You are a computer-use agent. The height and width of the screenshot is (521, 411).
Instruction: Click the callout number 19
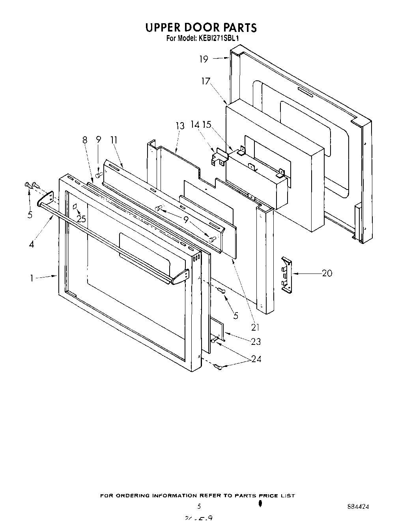point(204,59)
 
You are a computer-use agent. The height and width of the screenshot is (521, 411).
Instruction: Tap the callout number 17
point(205,82)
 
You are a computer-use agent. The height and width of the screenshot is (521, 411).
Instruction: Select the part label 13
point(180,126)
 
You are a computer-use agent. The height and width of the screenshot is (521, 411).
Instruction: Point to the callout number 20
point(327,273)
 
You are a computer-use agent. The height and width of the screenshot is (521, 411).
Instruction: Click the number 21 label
point(255,327)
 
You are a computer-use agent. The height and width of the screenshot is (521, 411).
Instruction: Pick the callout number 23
point(256,342)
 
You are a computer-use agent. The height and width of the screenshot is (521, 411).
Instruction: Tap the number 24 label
point(256,359)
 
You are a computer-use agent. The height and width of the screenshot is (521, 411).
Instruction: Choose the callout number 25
point(81,219)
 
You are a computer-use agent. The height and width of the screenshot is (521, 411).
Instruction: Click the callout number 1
point(31,278)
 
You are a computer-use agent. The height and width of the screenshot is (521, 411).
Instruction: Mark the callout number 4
point(31,244)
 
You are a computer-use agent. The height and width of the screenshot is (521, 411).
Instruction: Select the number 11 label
point(114,140)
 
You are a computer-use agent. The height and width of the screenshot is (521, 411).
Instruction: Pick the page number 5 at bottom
point(199,506)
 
